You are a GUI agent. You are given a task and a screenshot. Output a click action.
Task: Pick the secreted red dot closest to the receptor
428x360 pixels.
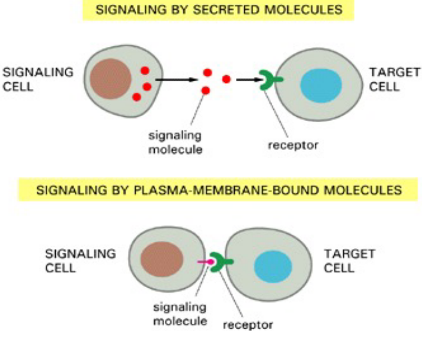click(x=226, y=79)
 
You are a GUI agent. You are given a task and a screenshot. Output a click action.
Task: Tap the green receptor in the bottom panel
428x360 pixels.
click(x=221, y=262)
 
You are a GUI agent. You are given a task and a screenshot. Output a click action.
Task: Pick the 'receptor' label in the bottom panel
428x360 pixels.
click(x=248, y=325)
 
